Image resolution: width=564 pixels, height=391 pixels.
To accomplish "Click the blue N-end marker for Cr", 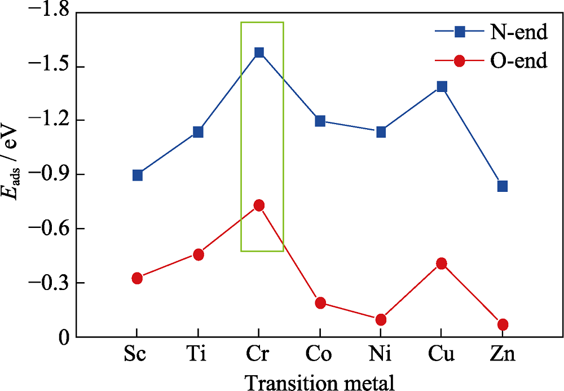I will pos(259,52).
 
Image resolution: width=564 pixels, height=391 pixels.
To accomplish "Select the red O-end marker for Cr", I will pos(259,205).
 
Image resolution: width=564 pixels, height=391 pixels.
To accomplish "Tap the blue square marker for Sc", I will pos(137,175).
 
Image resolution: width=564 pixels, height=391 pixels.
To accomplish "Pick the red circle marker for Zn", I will pos(503,324).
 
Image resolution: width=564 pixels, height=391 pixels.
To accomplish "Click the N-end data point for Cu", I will pos(442,86).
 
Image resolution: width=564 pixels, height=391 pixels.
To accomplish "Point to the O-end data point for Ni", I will pos(381,319).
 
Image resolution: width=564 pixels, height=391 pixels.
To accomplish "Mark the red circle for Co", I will pos(320,303).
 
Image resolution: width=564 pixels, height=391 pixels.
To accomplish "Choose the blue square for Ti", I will pos(198,132).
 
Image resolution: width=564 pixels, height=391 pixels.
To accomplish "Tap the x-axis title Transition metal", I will pos(319,380).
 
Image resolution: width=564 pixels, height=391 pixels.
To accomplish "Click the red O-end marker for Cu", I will pos(442,263).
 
